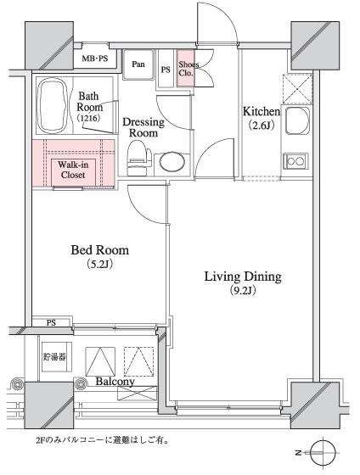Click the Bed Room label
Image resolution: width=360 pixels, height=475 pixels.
point(100,250)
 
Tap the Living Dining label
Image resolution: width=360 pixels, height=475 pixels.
point(243,277)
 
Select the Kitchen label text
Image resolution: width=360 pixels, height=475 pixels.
point(262,111)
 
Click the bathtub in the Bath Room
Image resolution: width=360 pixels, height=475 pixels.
point(52,106)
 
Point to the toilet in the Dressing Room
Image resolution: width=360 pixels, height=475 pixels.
point(139,158)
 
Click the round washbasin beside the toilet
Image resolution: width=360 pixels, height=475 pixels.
point(172,161)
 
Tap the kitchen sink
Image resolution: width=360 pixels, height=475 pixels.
point(297,120)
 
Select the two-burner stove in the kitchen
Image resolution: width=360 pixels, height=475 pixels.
point(295,161)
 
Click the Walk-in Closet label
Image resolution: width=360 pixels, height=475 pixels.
point(73,170)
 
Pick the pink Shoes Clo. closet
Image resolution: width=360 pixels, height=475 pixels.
point(186,69)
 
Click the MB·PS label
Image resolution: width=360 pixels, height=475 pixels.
point(95,59)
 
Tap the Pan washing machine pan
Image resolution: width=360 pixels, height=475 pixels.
point(138,64)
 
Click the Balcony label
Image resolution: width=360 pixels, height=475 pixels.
point(115,382)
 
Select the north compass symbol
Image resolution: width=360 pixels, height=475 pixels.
point(323,453)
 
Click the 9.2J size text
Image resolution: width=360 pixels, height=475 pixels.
point(243,291)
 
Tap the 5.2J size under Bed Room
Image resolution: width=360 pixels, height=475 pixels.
point(100,264)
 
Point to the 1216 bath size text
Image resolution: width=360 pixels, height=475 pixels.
point(88,118)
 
